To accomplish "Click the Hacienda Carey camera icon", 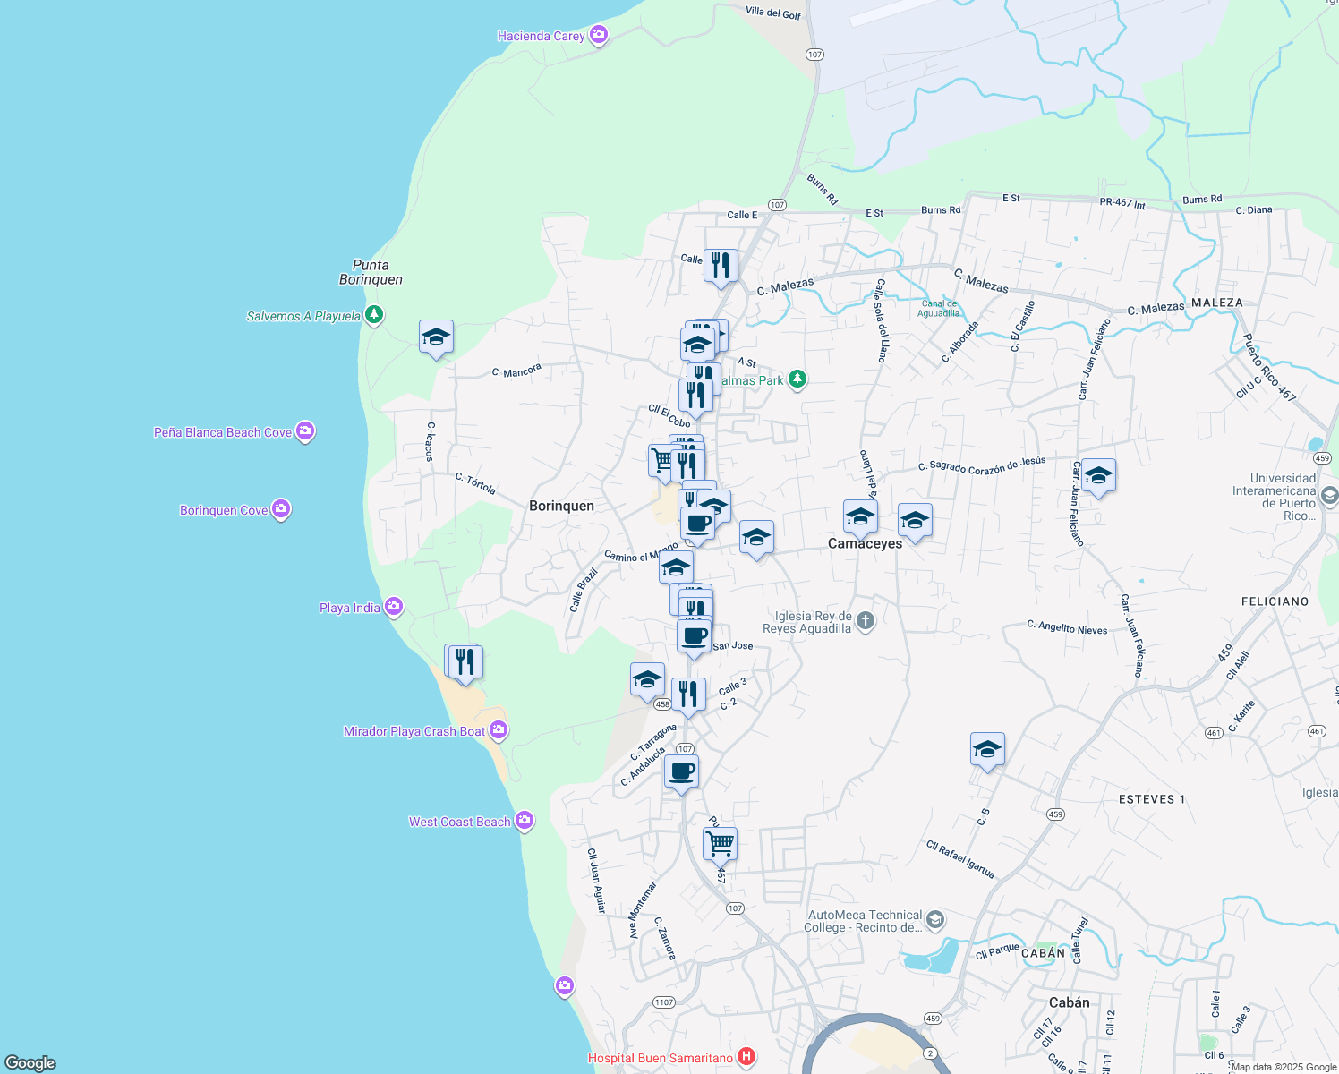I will pos(599,36).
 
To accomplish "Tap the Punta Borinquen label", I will pos(371,272).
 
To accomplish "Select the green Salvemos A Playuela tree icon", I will pos(374,315).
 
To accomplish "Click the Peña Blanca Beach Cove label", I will pos(223,432).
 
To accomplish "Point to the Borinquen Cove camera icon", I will pos(281,509).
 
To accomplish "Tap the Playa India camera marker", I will pos(393,608).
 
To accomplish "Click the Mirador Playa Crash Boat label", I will pos(414,731).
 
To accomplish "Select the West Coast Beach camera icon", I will pos(525,821).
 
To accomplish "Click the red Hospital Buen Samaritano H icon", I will pos(746,1057).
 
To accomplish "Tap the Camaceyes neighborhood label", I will pos(865,543).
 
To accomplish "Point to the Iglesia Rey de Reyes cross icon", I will pos(865,621).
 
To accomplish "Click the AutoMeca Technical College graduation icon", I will pos(934,920).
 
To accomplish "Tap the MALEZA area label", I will pos(1217,303).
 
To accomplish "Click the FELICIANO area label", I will pos(1275,601).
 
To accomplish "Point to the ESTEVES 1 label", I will pos(1151,799).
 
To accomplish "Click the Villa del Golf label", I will pos(773,13).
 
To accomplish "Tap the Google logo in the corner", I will pos(30,1062).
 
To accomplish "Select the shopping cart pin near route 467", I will pos(720,842).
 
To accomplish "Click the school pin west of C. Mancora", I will pos(436,337).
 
